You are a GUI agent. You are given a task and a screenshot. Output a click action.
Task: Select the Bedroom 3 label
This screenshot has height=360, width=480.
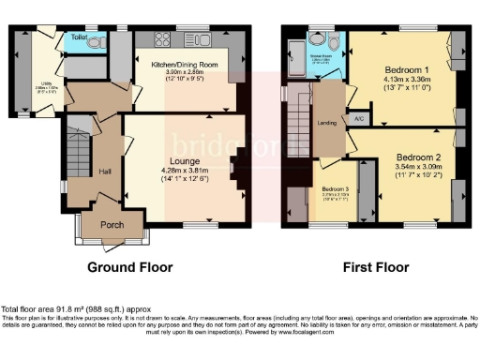tap(334, 189)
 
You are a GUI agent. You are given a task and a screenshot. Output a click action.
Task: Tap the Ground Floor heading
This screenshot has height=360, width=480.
tap(130, 266)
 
